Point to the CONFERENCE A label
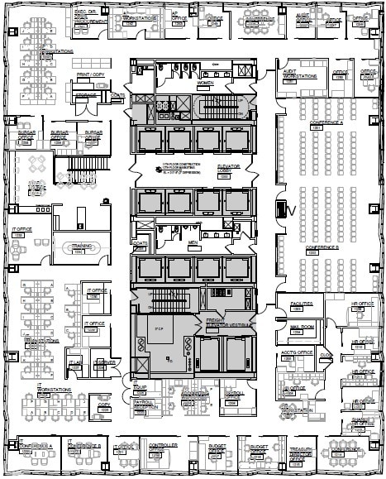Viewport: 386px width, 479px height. (x=327, y=123)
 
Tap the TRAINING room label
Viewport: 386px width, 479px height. (x=81, y=246)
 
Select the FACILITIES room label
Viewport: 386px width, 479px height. (x=303, y=304)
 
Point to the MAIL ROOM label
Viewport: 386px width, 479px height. (x=302, y=327)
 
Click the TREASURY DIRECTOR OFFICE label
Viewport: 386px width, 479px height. (x=299, y=453)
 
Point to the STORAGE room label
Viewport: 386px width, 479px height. (x=88, y=96)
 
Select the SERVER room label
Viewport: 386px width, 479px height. (x=104, y=362)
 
